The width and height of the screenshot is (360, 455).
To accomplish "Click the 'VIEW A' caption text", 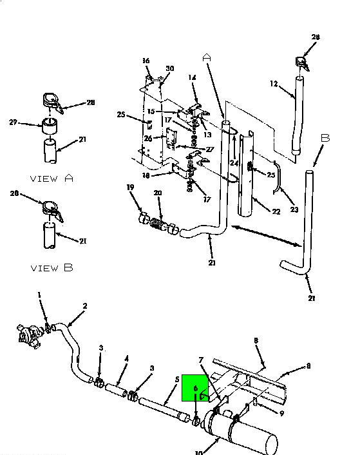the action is (x=52, y=178).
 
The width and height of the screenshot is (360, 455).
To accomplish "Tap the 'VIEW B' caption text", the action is (x=52, y=267).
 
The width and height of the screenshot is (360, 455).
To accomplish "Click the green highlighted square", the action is (x=195, y=388).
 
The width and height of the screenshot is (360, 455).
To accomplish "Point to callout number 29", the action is (x=13, y=122).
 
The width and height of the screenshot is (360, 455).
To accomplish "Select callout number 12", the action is (x=274, y=84).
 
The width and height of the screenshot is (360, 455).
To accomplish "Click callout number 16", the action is (x=146, y=61).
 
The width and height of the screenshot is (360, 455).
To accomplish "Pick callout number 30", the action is (x=170, y=68).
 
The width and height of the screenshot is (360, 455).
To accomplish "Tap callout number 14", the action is (x=192, y=77).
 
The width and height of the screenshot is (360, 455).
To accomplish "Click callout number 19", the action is (x=131, y=187).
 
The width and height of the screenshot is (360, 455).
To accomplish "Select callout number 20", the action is (x=158, y=193).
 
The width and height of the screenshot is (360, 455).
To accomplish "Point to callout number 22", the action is (x=276, y=211).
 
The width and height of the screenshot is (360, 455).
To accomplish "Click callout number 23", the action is (x=294, y=209).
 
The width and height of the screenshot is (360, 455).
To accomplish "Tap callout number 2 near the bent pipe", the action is (x=85, y=306).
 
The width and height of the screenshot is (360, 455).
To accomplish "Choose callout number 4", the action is (x=126, y=359).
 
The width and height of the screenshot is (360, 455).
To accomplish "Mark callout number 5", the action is (x=177, y=380).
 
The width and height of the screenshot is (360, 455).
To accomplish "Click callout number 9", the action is (x=281, y=413).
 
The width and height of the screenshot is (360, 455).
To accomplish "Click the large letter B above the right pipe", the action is (x=325, y=138).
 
